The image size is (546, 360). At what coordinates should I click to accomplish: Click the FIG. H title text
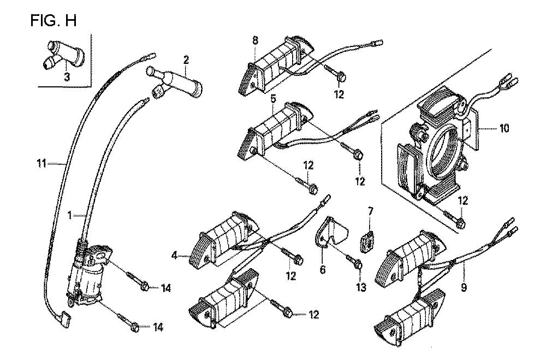[54, 21]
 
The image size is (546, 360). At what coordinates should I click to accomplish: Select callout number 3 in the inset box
[67, 77]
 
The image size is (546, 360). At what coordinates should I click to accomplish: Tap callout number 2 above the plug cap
[186, 60]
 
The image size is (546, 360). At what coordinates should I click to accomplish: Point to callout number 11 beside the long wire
[41, 163]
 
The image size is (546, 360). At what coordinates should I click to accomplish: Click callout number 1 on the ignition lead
[70, 215]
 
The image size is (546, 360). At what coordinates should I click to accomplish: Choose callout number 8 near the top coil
[255, 40]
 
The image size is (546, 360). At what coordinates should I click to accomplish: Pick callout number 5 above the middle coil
[273, 98]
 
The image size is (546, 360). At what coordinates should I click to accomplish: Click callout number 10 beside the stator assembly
[504, 128]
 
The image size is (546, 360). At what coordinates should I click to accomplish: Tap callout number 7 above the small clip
[370, 211]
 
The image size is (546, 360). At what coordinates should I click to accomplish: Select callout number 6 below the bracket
[323, 269]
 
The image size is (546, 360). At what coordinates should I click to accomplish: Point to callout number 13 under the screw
[361, 287]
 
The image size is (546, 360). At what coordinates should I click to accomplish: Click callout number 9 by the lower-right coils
[464, 287]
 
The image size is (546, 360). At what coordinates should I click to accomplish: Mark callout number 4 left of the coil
[175, 256]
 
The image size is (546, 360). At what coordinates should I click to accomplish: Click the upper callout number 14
[166, 288]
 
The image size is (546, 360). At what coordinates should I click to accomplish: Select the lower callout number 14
[158, 327]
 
